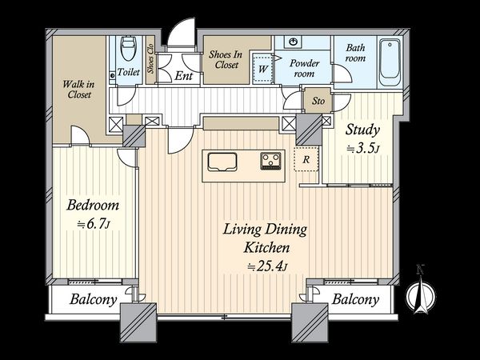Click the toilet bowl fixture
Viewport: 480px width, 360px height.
[129, 48]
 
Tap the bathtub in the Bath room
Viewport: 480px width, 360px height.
[390, 62]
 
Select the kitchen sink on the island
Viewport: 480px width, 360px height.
[222, 162]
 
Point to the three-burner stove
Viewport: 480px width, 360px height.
[270, 161]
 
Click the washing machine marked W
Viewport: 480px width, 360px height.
[262, 68]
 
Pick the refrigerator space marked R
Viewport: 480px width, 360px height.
[306, 159]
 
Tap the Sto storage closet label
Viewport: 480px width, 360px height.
[318, 101]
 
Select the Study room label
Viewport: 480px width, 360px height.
[362, 130]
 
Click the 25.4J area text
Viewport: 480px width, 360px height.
[267, 266]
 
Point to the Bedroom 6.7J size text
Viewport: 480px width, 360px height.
[93, 224]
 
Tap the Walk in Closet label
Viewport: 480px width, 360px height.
[78, 89]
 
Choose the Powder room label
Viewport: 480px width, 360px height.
[304, 68]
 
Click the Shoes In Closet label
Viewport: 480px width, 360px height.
[226, 59]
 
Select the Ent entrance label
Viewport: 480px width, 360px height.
[184, 76]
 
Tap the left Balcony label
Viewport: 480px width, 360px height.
[93, 299]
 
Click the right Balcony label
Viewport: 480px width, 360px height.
[355, 299]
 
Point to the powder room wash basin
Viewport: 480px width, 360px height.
[294, 42]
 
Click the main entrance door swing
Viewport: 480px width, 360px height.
[182, 32]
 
